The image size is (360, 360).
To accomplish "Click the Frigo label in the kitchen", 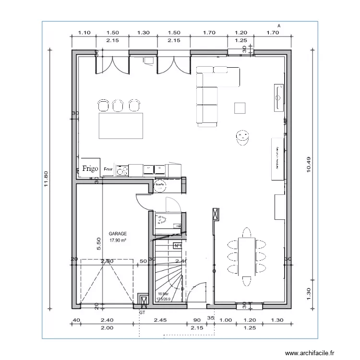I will [x=90, y=168].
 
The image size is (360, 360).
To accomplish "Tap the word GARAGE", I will [x=118, y=234].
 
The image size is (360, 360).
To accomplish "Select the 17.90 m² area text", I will [x=118, y=240].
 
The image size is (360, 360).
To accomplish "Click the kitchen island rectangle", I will [x=120, y=125].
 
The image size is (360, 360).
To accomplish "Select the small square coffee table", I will [x=240, y=108].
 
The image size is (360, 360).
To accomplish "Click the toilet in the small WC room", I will [x=162, y=220].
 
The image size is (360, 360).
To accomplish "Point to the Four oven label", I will [x=108, y=169].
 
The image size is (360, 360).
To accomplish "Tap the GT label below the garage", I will [x=142, y=312].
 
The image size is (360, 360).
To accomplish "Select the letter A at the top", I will [x=278, y=26].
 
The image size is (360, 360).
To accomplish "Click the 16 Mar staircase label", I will [x=163, y=294].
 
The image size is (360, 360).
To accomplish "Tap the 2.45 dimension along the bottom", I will [x=160, y=320].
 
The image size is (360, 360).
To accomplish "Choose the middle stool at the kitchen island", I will [x=119, y=105].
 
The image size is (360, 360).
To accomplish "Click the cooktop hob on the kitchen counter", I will [x=122, y=170].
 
